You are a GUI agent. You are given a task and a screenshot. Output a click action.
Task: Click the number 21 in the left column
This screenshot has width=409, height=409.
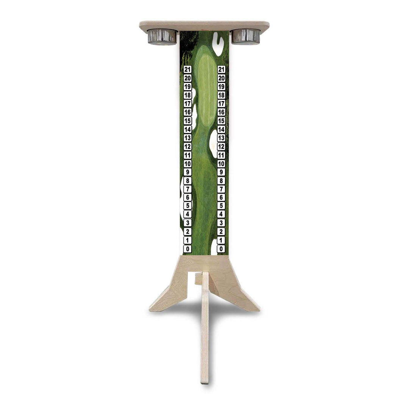[187, 69]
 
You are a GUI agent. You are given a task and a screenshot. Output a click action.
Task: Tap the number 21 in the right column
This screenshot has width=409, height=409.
[222, 69]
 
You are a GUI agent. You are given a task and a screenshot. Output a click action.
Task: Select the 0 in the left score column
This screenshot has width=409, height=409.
[187, 249]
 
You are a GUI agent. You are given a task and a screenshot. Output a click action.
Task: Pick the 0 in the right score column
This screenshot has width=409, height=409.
[222, 249]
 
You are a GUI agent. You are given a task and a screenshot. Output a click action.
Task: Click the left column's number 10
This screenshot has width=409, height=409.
[187, 164]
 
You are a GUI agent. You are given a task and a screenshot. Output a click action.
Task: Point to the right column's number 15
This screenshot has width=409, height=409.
[222, 121]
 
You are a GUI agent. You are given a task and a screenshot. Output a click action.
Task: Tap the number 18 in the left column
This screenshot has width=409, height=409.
[187, 95]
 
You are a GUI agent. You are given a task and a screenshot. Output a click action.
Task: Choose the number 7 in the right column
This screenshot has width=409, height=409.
[222, 189]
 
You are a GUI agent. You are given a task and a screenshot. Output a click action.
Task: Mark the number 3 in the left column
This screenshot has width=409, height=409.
[187, 223]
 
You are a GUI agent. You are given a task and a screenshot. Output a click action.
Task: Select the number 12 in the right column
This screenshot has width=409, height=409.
[222, 147]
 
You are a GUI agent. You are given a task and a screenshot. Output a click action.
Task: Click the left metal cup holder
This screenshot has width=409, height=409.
[162, 37]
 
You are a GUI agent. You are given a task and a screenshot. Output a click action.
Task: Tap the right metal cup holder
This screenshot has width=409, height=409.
[246, 36]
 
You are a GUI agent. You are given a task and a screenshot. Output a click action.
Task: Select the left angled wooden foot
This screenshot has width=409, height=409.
[167, 295]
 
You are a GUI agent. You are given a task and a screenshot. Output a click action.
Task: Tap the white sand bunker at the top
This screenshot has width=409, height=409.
[218, 44]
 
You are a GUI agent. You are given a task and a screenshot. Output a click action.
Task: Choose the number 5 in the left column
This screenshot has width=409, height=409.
[187, 206]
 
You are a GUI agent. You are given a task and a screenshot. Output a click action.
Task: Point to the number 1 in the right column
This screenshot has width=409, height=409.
[222, 240]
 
